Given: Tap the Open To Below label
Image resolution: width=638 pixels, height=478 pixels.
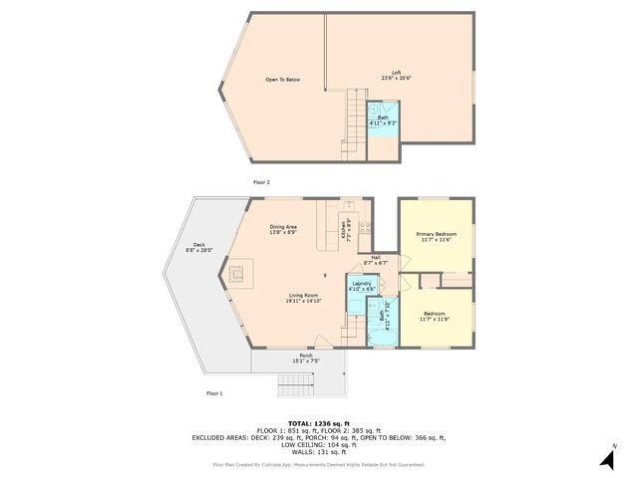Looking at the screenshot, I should [282, 80].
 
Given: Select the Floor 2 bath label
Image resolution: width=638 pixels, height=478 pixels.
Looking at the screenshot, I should [383, 119].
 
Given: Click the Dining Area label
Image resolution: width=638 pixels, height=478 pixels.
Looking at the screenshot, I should [283, 229].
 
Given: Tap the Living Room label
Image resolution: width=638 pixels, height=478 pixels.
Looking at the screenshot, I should [303, 298].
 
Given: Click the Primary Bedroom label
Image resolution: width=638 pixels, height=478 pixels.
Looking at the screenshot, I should [436, 236].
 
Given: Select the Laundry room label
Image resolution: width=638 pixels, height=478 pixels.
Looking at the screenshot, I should [362, 286].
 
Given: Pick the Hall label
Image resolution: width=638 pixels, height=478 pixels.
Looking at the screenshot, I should [376, 260].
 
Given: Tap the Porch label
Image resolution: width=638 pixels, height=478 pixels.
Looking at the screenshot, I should [306, 358].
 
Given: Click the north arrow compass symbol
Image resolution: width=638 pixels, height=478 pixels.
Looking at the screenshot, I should [607, 457].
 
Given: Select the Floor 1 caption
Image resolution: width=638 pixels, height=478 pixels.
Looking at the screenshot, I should [214, 394].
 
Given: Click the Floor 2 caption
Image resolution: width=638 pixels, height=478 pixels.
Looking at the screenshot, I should [261, 182].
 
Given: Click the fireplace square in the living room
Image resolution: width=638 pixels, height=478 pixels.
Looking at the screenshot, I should [238, 273].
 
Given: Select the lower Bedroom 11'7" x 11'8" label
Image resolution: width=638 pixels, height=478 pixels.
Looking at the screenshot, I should [436, 316].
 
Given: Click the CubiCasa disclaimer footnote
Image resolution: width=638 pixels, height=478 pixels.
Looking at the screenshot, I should [319, 465].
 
